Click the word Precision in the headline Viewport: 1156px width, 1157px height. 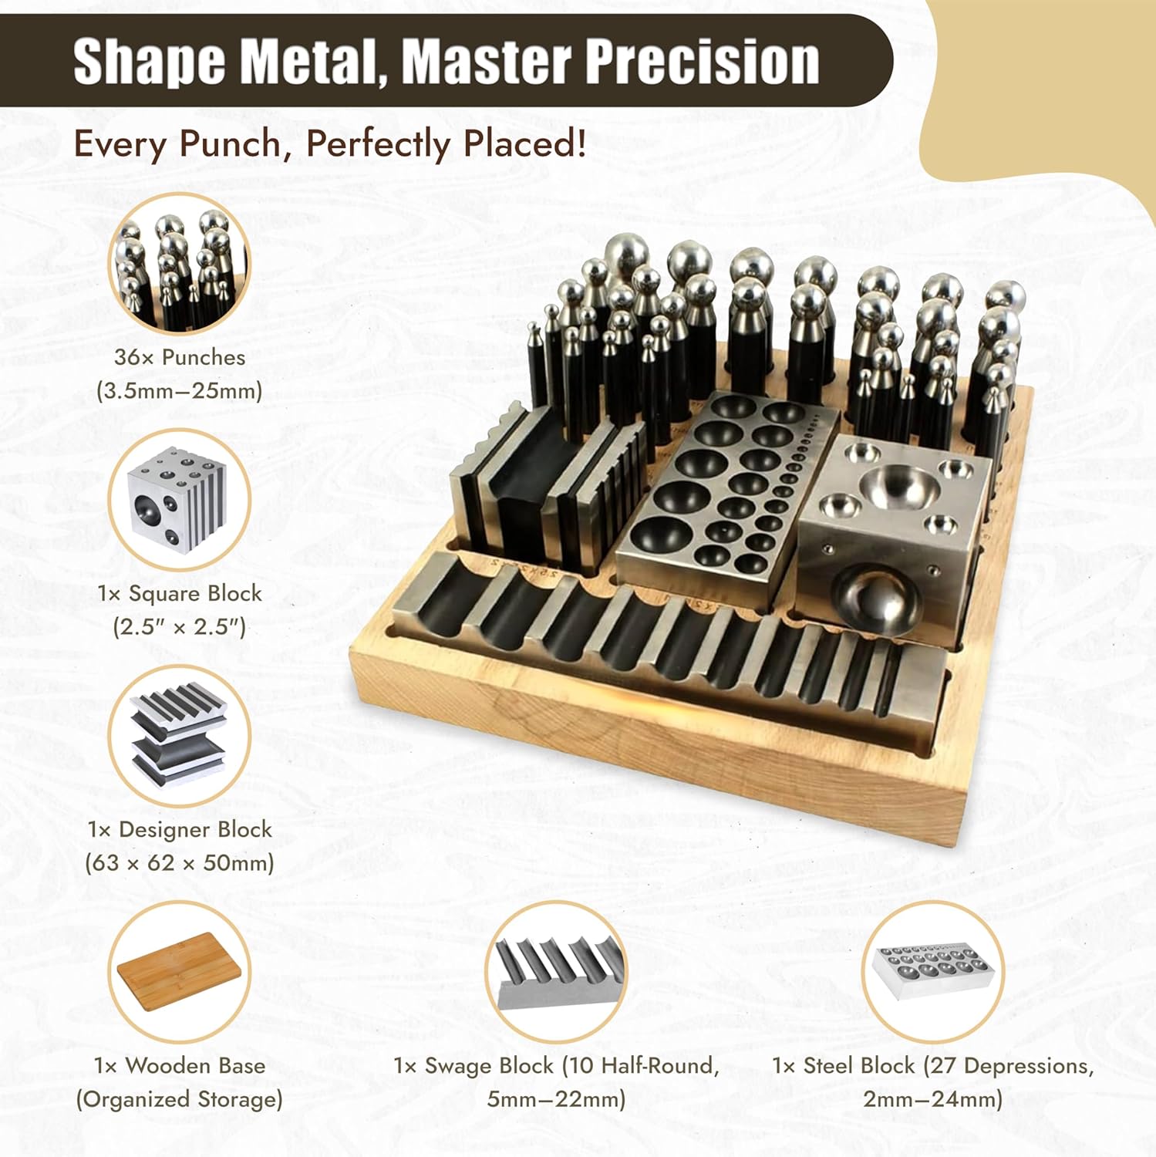click(x=703, y=61)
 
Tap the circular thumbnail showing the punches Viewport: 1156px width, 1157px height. click(x=179, y=264)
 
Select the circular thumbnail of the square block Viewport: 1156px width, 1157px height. click(x=179, y=500)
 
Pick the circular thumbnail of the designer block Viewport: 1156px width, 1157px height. click(x=179, y=736)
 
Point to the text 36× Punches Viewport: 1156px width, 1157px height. click(x=180, y=357)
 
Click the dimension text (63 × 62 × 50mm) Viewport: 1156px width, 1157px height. click(x=180, y=862)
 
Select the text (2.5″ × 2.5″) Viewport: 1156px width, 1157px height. click(x=180, y=626)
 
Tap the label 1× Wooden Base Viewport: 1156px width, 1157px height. click(x=180, y=1065)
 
